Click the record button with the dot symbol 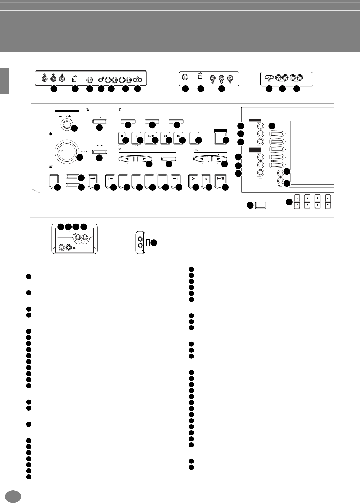121,136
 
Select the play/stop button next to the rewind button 150,136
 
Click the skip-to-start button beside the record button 135,136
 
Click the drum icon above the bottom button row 50,166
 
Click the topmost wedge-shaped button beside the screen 278,134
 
